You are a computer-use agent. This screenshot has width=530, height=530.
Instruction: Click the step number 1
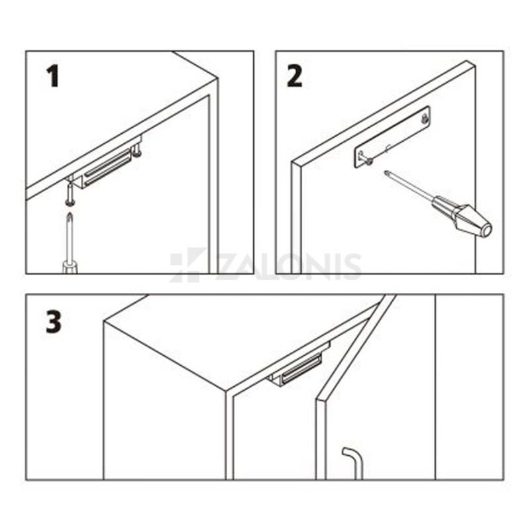click(53, 77)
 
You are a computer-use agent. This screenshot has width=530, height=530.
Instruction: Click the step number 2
click(294, 77)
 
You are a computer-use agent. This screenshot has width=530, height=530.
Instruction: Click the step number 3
click(54, 322)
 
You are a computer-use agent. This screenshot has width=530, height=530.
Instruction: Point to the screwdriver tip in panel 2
click(386, 172)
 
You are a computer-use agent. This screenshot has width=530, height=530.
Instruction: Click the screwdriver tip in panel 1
click(70, 215)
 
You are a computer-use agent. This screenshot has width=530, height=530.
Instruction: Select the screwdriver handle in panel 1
click(70, 268)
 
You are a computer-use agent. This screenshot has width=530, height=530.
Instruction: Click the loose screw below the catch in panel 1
click(70, 193)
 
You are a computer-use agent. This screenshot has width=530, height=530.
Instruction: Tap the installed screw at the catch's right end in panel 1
click(137, 150)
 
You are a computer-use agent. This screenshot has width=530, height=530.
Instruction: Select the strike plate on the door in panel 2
click(392, 138)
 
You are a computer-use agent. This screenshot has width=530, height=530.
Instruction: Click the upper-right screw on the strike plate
click(424, 119)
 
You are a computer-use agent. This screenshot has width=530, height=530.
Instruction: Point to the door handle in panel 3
click(354, 463)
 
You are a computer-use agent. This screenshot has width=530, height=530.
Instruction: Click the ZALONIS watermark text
click(288, 267)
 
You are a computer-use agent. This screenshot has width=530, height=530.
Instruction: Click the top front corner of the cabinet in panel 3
click(226, 392)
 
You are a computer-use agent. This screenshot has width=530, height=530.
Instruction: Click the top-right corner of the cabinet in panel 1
click(217, 78)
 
